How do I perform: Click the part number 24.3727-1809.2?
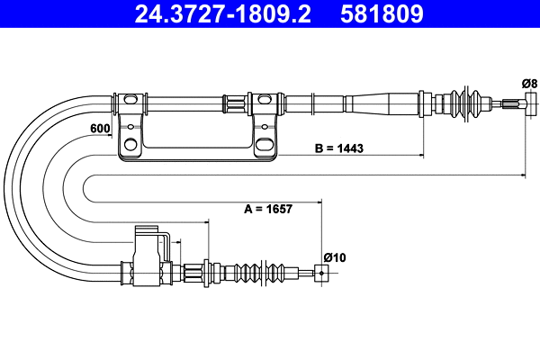(x=209, y=14)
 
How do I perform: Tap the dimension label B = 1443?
(x=338, y=148)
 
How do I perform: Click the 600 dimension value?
(x=100, y=129)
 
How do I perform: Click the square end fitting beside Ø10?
(x=319, y=273)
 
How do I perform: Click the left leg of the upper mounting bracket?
(x=130, y=126)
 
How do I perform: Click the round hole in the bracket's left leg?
(x=131, y=143)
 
